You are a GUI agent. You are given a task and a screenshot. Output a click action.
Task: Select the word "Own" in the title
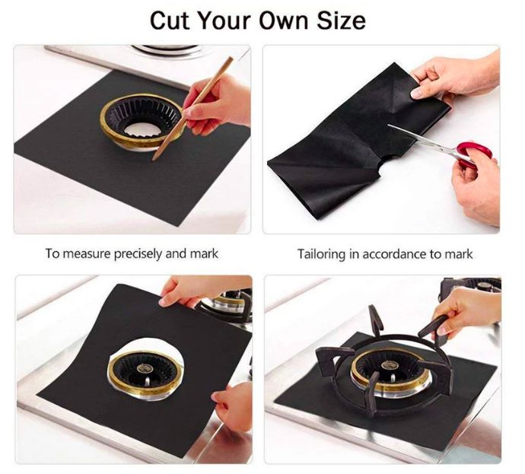283,21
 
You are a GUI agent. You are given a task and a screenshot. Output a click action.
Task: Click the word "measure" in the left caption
87,253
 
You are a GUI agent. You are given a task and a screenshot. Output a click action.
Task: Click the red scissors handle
475,153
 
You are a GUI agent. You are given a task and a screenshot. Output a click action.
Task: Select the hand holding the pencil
216,103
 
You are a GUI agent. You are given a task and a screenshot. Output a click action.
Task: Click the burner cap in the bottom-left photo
145,368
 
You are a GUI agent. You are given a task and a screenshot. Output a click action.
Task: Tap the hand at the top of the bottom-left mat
198,290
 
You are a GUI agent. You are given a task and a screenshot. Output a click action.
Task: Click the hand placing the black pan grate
466,312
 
